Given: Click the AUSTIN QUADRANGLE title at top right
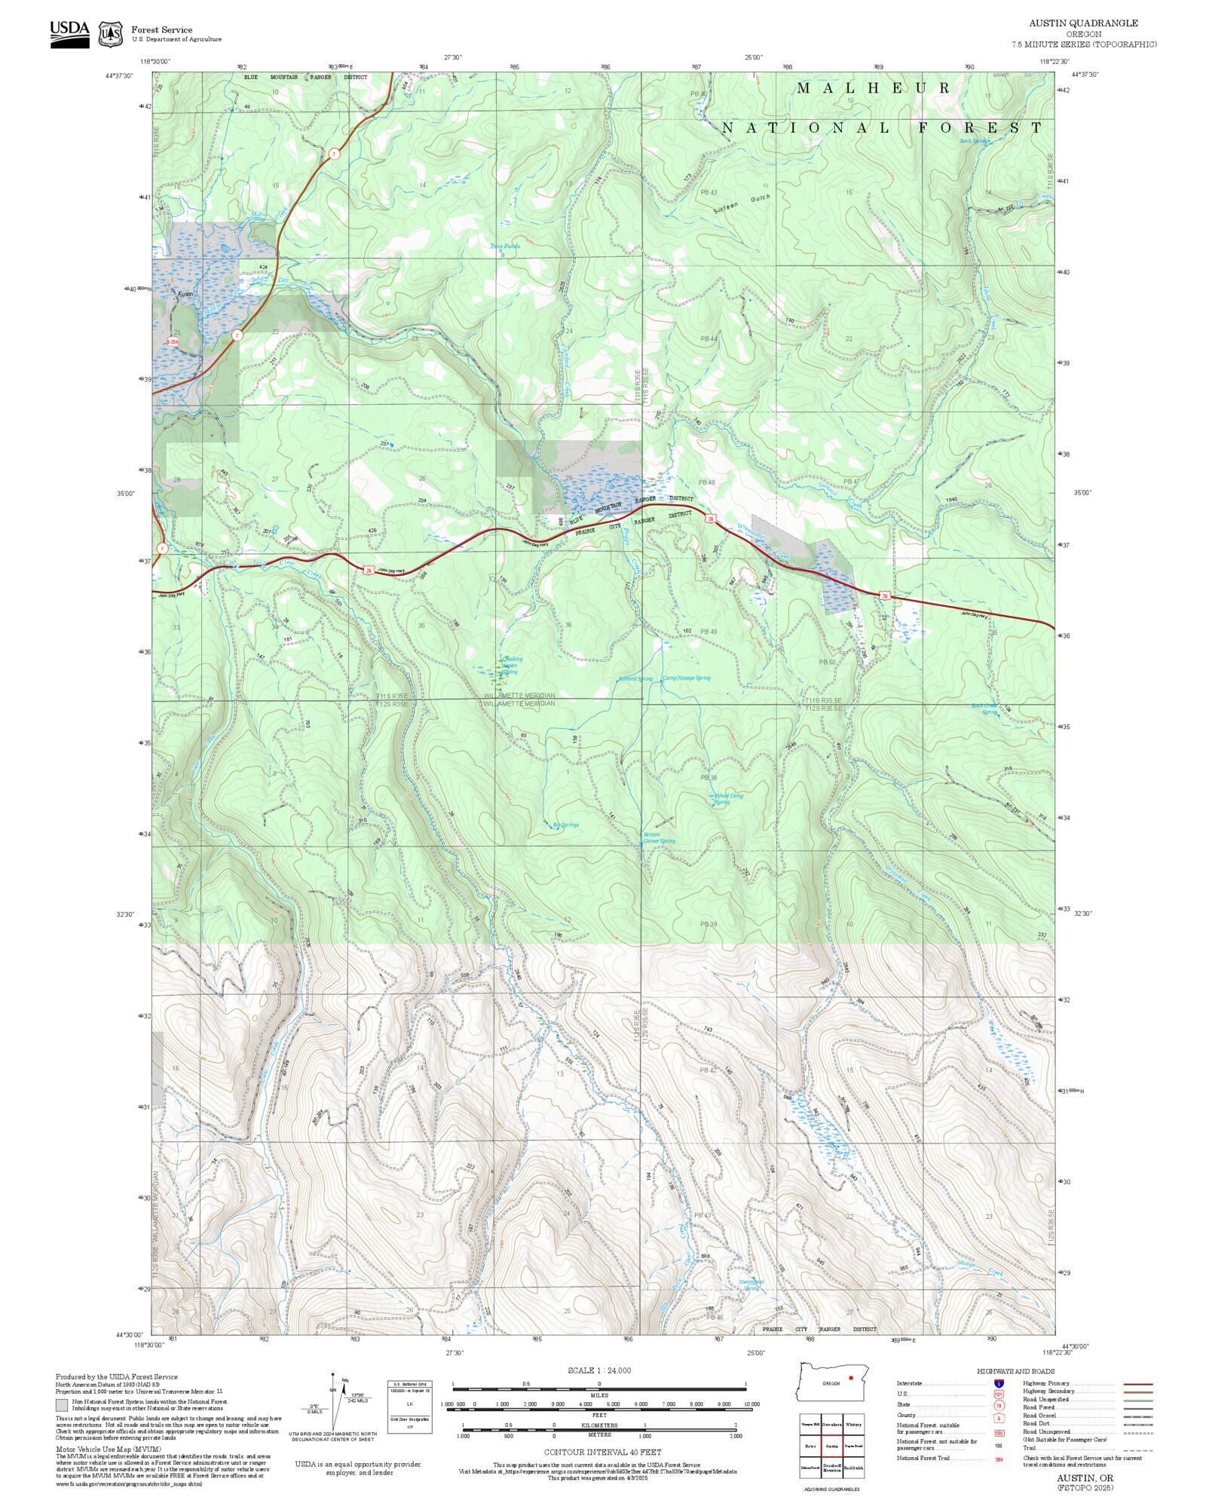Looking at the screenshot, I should pyautogui.click(x=1083, y=23).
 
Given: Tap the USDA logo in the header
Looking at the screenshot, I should pyautogui.click(x=69, y=34).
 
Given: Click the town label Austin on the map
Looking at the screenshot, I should pyautogui.click(x=185, y=294).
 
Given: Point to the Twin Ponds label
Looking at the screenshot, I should pyautogui.click(x=505, y=246).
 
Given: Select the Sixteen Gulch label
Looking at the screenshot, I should pyautogui.click(x=742, y=204).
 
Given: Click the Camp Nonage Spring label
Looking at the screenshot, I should pyautogui.click(x=686, y=678).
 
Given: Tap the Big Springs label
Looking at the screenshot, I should pyautogui.click(x=566, y=825).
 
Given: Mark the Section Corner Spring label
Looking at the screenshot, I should pyautogui.click(x=658, y=837).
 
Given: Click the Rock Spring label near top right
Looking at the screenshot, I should pyautogui.click(x=973, y=141).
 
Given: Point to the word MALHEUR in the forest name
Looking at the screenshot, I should pyautogui.click(x=874, y=88).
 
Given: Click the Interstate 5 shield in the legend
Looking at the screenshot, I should pyautogui.click(x=999, y=1383).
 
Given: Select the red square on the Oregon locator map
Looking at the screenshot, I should pyautogui.click(x=851, y=1377).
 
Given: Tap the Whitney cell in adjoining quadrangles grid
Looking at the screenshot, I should pyautogui.click(x=853, y=1424).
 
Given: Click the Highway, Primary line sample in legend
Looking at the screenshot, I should pyautogui.click(x=1138, y=1384).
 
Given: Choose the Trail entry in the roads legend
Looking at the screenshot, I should pyautogui.click(x=1029, y=1447).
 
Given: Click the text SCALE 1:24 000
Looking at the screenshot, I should pyautogui.click(x=599, y=1370).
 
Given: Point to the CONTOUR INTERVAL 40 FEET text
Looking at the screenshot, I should pyautogui.click(x=602, y=1452).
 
